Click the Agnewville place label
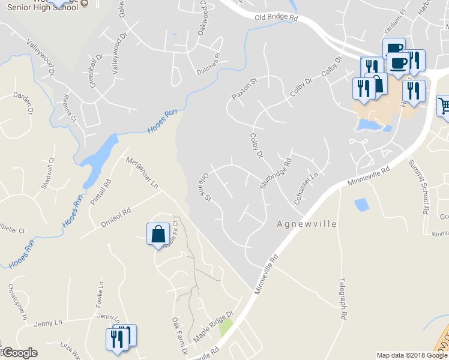click(307, 224)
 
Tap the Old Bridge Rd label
click(276, 19)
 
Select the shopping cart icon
click(444, 106)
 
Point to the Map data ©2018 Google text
click(412, 355)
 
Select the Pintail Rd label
click(104, 191)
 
